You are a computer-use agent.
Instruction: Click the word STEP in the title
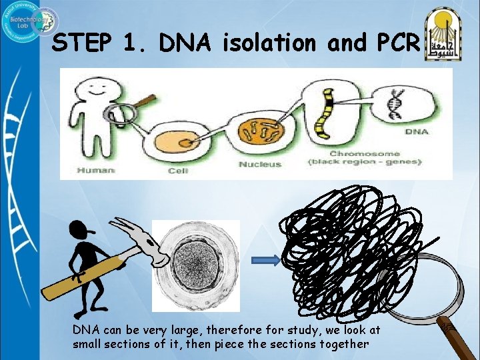tap(83, 43)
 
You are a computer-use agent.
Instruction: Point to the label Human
tap(96, 171)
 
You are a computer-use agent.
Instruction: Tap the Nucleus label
tap(260, 164)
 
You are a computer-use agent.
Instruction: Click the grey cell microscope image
tap(196, 265)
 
